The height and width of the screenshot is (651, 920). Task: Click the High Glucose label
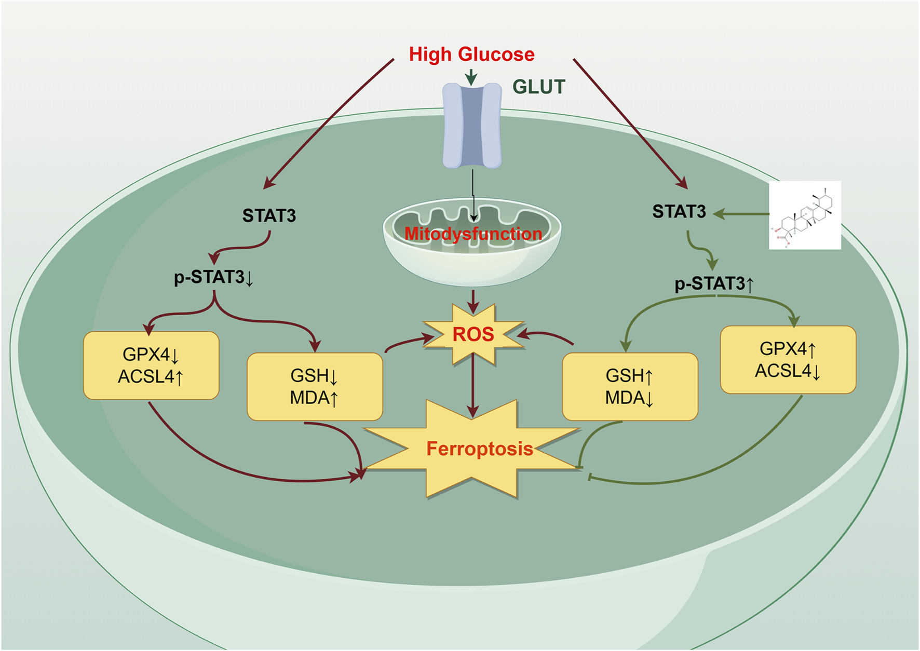tap(471, 54)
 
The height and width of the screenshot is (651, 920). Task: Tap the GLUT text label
tap(538, 87)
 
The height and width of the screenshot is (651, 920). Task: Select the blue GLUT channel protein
tap(472, 126)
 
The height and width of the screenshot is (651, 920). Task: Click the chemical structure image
tap(805, 215)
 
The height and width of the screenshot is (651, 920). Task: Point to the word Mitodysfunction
tap(473, 234)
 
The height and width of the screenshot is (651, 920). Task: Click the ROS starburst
tap(473, 334)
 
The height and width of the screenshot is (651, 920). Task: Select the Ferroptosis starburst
tap(479, 449)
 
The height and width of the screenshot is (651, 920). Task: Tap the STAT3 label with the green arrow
tap(679, 212)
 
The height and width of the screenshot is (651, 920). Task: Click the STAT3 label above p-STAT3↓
tap(269, 215)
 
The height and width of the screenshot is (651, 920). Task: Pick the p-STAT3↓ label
tap(213, 278)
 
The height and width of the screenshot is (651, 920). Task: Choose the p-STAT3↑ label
tap(714, 284)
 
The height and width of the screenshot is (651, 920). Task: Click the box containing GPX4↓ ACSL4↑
tap(151, 365)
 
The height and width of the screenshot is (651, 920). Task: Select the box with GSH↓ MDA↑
tap(315, 387)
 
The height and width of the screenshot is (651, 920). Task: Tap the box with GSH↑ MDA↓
tap(630, 387)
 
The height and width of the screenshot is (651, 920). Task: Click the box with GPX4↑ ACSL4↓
tap(788, 360)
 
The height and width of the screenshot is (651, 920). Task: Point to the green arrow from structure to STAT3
tap(741, 213)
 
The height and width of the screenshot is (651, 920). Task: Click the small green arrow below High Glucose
tap(471, 77)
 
